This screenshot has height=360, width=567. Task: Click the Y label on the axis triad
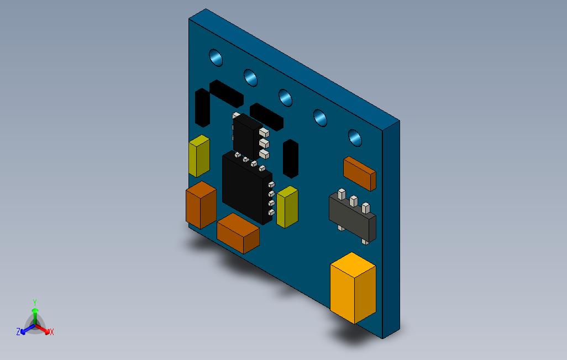(34, 302)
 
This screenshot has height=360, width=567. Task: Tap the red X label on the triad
(51, 332)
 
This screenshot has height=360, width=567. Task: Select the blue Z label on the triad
(18, 332)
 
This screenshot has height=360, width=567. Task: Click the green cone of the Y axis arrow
(35, 313)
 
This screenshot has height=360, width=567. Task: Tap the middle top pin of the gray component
(354, 201)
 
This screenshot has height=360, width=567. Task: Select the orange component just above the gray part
(359, 172)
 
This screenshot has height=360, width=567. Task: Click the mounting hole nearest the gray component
(355, 137)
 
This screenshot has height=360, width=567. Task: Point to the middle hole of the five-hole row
(285, 98)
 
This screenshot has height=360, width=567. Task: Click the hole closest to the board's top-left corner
(216, 58)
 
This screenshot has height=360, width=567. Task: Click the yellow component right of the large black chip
(287, 207)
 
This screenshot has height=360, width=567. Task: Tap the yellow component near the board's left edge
(199, 156)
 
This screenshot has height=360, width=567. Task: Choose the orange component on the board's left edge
(200, 204)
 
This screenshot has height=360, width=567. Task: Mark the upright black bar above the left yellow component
(202, 109)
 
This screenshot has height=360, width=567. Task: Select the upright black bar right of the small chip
(291, 159)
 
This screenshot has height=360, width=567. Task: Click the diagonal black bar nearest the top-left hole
(226, 93)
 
